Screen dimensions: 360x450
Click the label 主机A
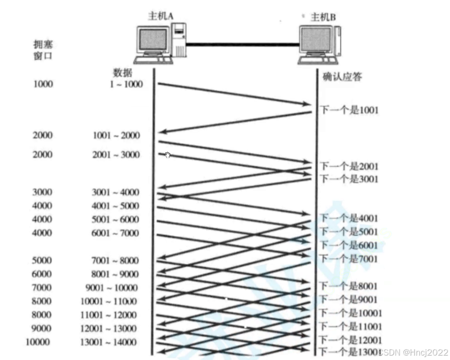[161, 16]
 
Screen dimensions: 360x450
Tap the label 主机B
[324, 17]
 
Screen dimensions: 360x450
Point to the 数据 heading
[122, 73]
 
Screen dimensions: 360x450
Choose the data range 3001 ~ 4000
[116, 192]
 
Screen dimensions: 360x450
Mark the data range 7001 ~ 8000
[116, 261]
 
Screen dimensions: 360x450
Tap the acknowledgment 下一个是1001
[349, 110]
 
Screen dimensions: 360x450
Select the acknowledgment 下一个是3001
[349, 179]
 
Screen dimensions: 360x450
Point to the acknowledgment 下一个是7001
[349, 259]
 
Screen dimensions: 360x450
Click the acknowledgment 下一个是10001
[351, 313]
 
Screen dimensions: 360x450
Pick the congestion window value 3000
[42, 192]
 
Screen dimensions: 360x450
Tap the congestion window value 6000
[42, 274]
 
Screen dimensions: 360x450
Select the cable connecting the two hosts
[243, 45]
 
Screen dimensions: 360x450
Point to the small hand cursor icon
[168, 155]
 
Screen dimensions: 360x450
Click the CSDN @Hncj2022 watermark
[414, 352]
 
